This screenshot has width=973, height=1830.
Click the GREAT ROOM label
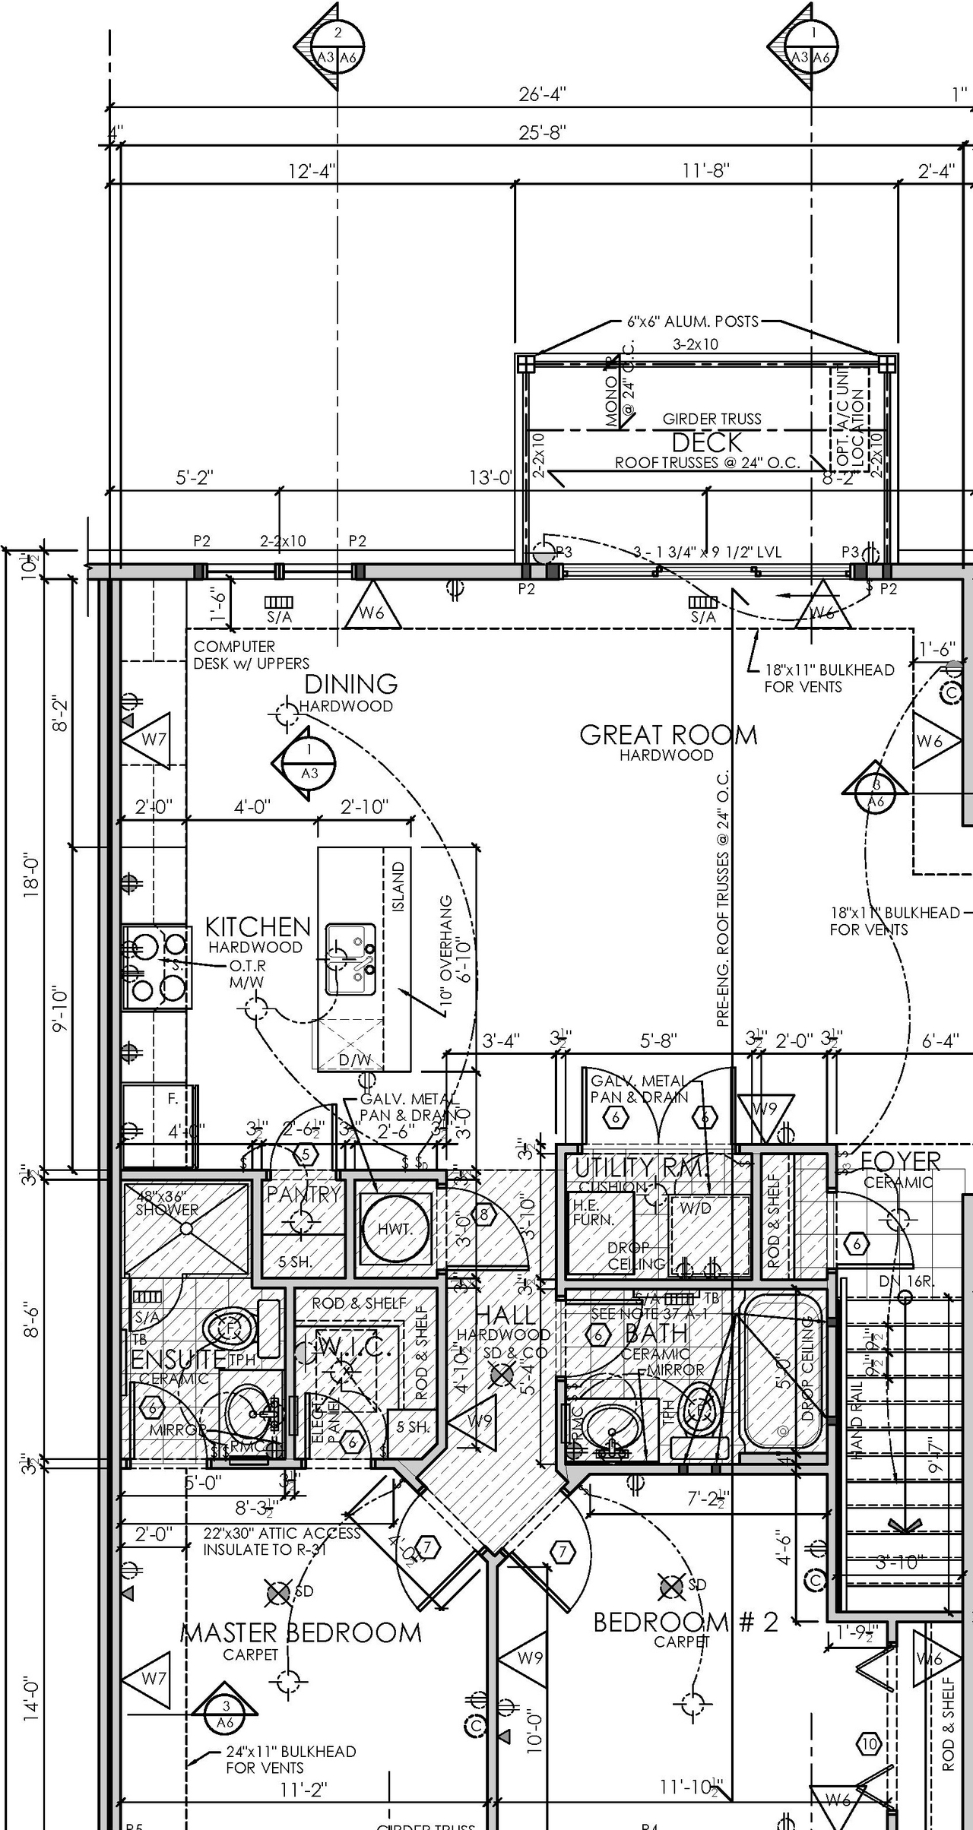pos(668,735)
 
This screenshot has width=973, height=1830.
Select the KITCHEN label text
pos(258,926)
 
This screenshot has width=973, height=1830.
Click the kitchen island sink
pos(351,959)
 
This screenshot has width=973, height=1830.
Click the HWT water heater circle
pos(395,1229)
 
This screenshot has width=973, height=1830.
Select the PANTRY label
pos(303,1194)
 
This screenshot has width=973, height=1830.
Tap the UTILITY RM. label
pos(640,1168)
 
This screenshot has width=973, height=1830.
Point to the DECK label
pos(706,442)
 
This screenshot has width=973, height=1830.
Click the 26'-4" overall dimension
pos(542,94)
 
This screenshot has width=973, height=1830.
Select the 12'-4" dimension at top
pos(312,171)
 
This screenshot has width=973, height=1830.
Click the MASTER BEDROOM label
pos(301,1632)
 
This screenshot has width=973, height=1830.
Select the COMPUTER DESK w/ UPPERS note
pos(251,654)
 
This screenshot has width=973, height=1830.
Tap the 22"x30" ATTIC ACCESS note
pos(281,1534)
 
